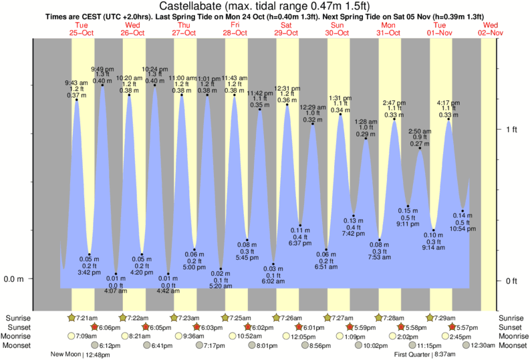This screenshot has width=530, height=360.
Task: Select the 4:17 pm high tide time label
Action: point(449,103)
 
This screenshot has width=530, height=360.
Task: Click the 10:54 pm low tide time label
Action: point(462,228)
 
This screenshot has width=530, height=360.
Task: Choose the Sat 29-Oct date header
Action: point(286,28)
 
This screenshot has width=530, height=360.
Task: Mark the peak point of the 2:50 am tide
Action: point(420,148)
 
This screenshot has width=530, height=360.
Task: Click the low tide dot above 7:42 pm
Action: point(354,216)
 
